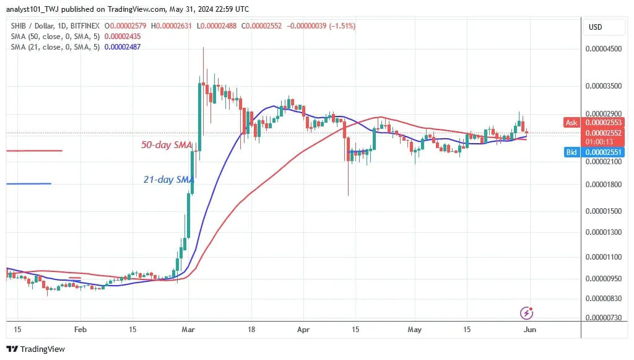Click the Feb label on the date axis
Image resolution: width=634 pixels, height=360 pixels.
click(x=80, y=330)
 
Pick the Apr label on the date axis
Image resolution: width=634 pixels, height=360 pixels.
click(x=302, y=330)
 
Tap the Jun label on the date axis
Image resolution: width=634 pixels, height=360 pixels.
click(x=530, y=330)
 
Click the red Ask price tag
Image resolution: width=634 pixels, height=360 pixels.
click(x=571, y=123)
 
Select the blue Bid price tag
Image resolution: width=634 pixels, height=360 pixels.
click(x=571, y=152)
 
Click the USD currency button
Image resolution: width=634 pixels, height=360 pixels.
click(x=596, y=27)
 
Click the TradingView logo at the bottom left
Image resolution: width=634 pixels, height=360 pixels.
click(x=36, y=349)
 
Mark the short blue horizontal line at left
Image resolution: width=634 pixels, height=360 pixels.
click(x=28, y=183)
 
